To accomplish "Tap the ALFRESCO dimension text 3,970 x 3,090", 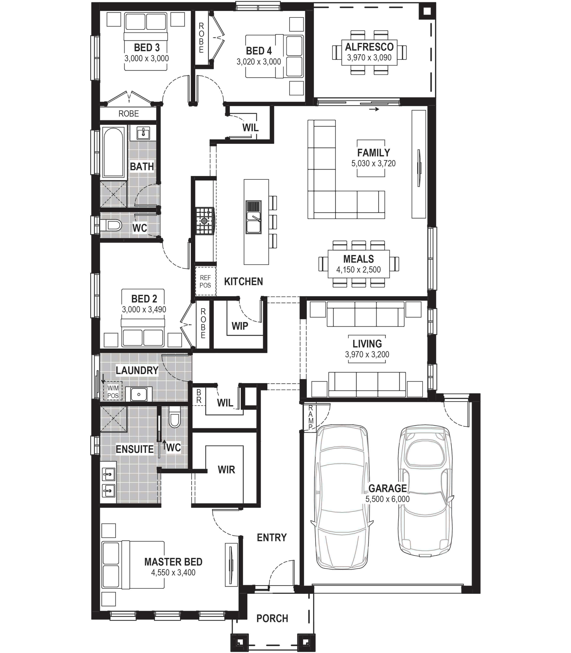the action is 369,58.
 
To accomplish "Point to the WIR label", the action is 226,470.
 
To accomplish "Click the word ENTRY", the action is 272,538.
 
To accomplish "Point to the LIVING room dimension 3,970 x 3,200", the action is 367,355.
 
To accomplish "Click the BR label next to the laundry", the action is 199,396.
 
